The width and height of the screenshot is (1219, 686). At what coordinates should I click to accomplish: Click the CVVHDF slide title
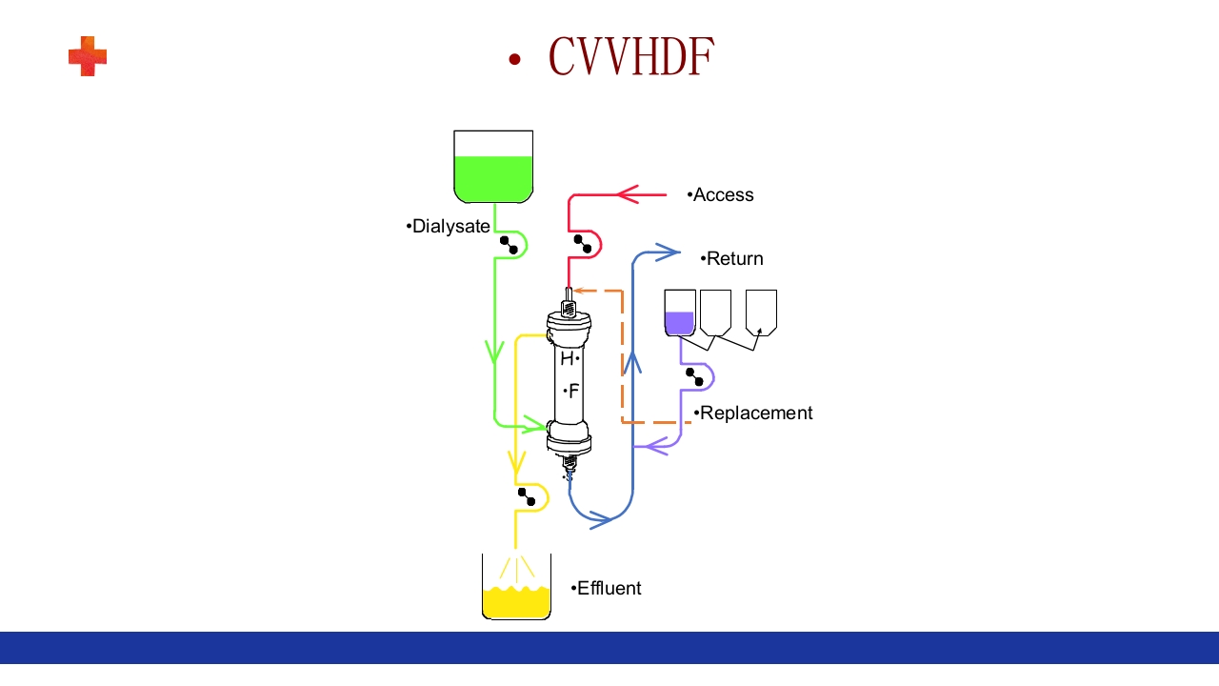(x=630, y=57)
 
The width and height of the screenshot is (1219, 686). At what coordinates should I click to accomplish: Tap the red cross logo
(x=88, y=56)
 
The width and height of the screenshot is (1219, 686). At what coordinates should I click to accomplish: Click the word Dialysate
(x=450, y=227)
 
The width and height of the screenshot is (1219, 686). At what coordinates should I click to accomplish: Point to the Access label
(x=723, y=195)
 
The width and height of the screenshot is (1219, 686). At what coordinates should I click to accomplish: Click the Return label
(x=734, y=259)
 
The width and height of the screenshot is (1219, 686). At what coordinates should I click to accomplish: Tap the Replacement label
(x=755, y=414)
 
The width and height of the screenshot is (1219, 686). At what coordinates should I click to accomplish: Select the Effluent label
(x=609, y=589)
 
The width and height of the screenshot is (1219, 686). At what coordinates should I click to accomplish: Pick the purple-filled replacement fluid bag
(x=680, y=313)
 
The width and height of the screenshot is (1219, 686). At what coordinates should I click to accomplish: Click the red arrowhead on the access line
(x=628, y=195)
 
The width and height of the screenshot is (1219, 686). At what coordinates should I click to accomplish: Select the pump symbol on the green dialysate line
(x=509, y=245)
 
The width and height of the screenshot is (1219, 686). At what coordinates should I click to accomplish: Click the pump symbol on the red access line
(x=583, y=244)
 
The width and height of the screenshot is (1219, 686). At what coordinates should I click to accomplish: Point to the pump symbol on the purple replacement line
(x=695, y=377)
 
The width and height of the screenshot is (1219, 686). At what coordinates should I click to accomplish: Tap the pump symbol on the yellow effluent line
(x=527, y=497)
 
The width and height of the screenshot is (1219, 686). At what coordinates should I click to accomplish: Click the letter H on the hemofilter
(x=567, y=359)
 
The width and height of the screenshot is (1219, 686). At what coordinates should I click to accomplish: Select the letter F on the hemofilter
(x=573, y=391)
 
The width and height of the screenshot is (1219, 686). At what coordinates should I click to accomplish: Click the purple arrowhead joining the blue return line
(x=656, y=445)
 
